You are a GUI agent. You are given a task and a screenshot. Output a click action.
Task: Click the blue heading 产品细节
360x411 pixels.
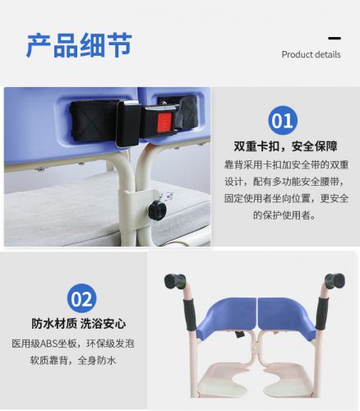click(x=79, y=45)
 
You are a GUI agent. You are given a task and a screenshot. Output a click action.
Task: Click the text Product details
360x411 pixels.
click(x=311, y=54)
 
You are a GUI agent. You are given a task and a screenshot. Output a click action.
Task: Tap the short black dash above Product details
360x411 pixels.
click(x=335, y=38)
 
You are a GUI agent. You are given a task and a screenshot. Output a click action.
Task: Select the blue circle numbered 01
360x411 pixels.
click(x=283, y=121)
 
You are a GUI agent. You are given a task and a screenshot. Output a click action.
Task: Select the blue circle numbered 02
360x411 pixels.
click(x=81, y=298)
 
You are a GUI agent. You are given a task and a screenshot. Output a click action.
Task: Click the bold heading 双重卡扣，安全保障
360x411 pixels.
click(x=285, y=146)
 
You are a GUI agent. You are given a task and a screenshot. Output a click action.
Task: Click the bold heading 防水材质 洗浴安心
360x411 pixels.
click(x=79, y=324)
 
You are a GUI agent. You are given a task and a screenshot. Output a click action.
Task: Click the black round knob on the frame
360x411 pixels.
click(x=157, y=210)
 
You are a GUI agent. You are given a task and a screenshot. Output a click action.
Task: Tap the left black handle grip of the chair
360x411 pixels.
click(x=175, y=281)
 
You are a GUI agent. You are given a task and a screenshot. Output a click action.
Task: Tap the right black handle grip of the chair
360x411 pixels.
click(x=335, y=281)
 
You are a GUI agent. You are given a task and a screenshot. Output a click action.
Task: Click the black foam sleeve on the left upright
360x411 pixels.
click(x=189, y=314)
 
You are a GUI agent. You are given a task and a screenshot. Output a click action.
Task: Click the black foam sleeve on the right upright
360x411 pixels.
click(x=322, y=313)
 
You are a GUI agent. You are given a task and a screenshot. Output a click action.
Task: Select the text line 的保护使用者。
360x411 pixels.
click(x=284, y=215)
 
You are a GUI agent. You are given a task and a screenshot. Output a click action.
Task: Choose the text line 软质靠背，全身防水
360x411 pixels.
click(x=73, y=360)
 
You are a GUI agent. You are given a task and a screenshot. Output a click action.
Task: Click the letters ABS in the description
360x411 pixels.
click(x=48, y=344)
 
